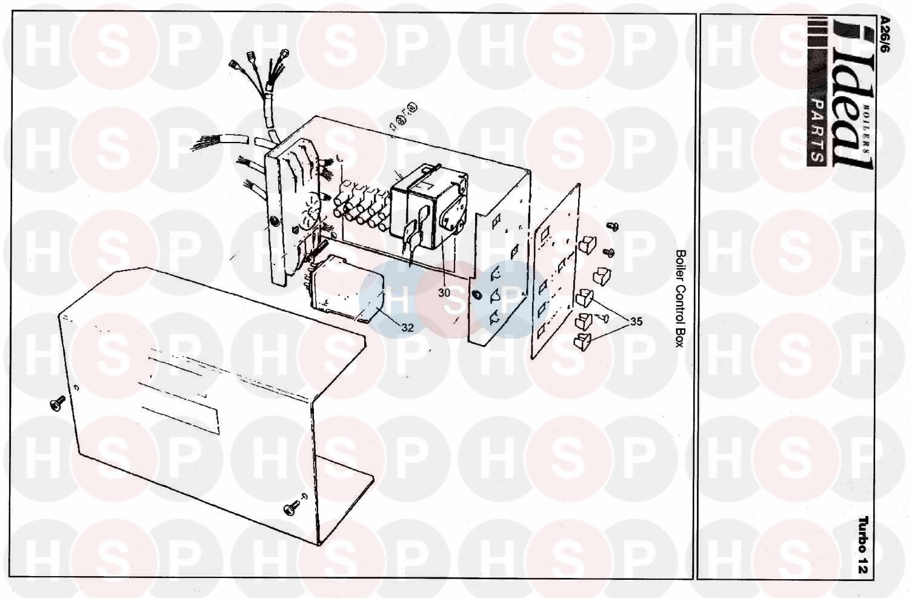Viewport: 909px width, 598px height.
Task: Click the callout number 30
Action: pyautogui.click(x=444, y=292)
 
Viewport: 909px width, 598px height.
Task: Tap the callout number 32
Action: pyautogui.click(x=407, y=328)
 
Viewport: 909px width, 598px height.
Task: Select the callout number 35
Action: pyautogui.click(x=636, y=322)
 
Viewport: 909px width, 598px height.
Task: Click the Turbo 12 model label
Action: pyautogui.click(x=863, y=545)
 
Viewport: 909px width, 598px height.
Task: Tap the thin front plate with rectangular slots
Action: pyautogui.click(x=556, y=272)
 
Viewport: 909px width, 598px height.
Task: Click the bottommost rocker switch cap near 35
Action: pyautogui.click(x=583, y=341)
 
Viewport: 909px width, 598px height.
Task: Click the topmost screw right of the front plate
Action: pyautogui.click(x=612, y=226)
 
